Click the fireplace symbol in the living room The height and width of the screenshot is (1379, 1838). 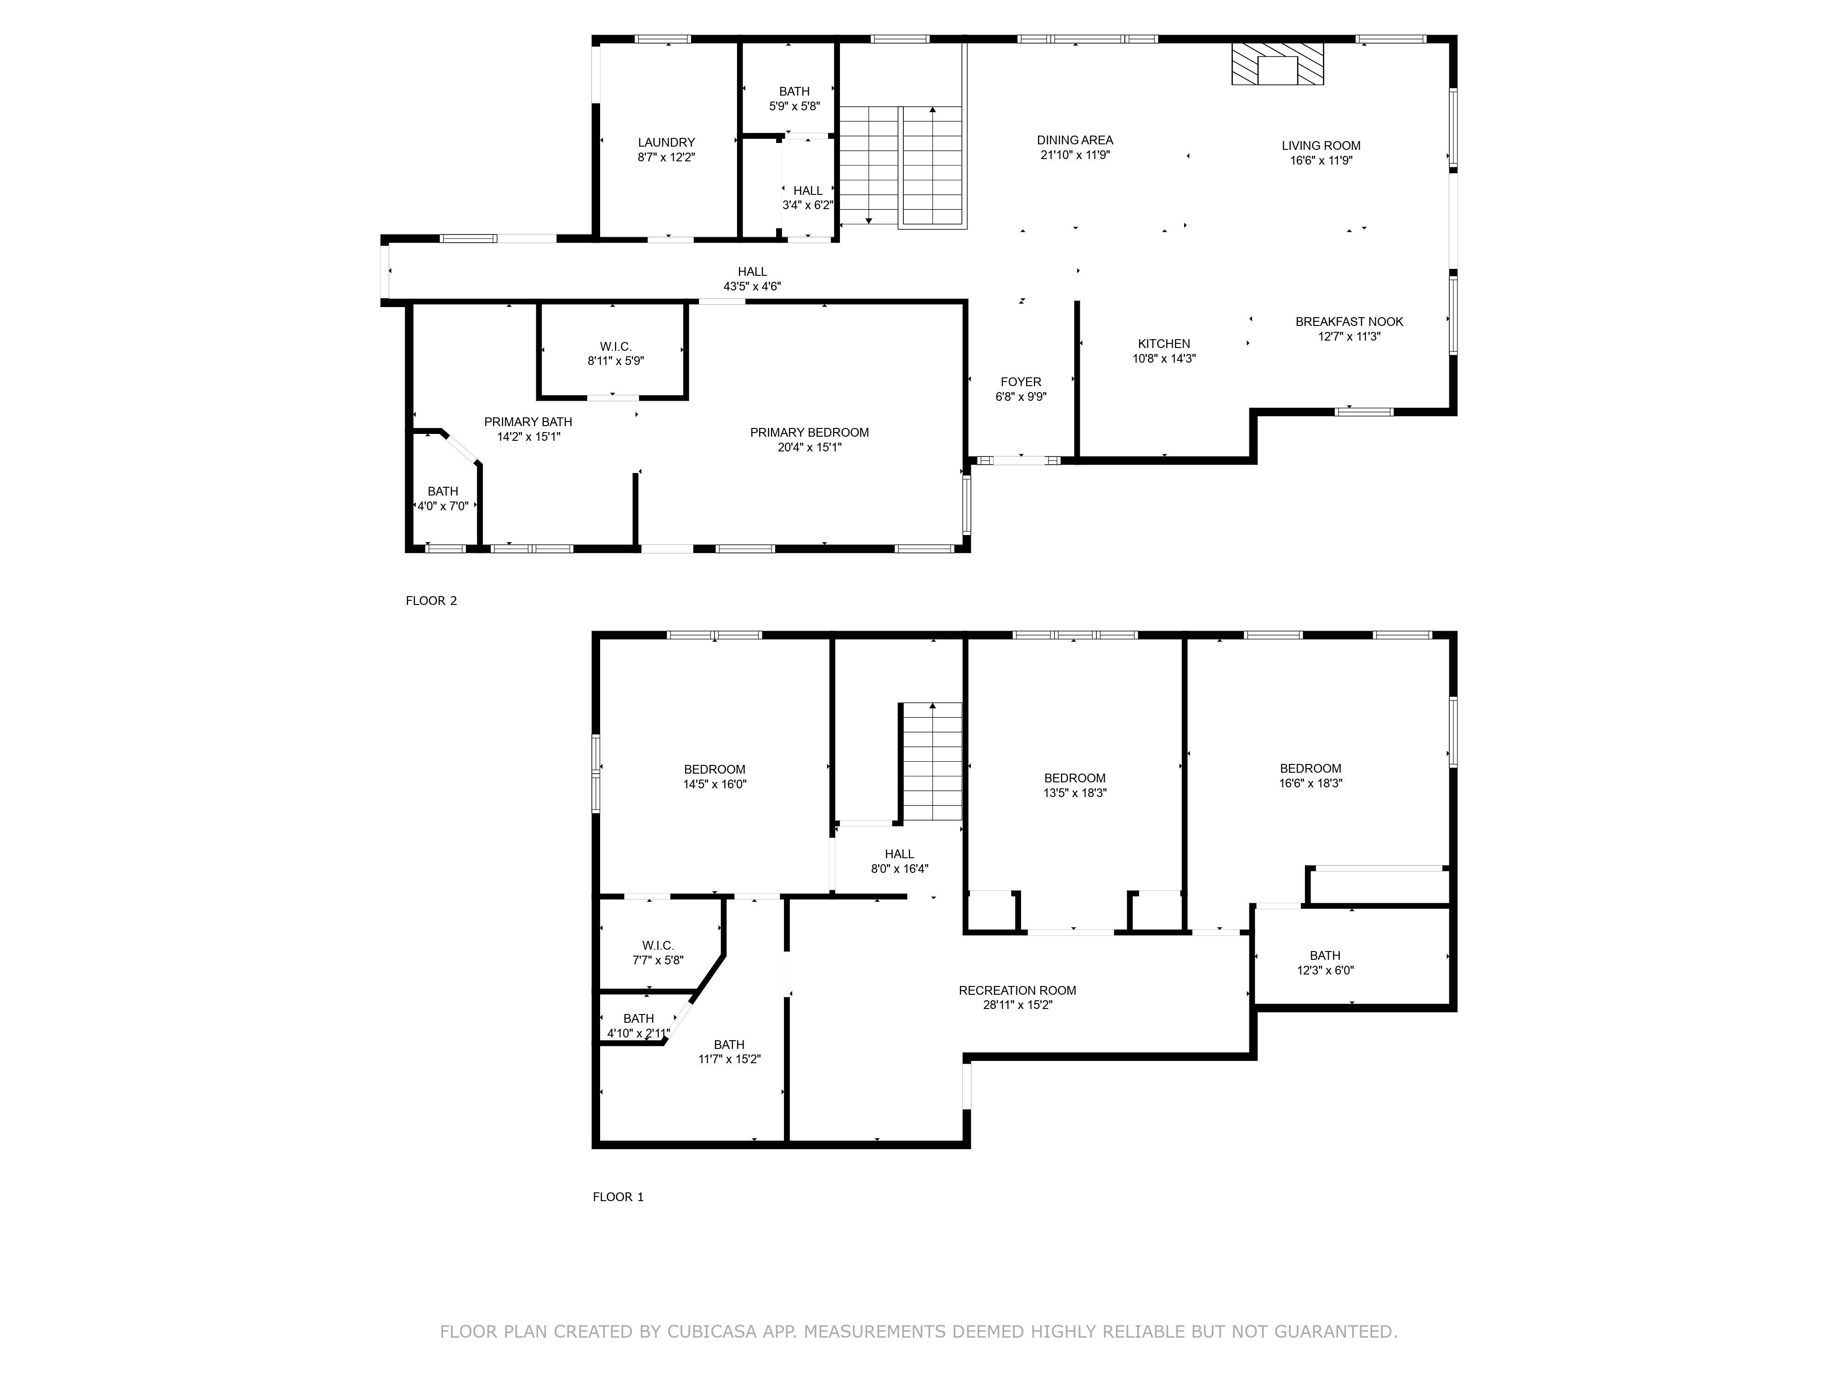pos(1277,64)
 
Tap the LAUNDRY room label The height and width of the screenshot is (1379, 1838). pos(666,142)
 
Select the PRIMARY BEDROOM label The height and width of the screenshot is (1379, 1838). pos(809,432)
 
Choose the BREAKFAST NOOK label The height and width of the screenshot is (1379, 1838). pos(1350,322)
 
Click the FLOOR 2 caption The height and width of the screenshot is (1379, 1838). pos(431,601)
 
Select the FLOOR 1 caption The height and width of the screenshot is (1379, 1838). pos(618,1197)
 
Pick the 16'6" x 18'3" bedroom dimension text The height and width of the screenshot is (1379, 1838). pos(1311,783)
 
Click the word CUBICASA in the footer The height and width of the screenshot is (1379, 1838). pos(712,1332)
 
